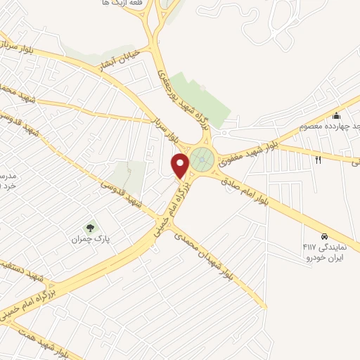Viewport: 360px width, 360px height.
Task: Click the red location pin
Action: click(181, 166)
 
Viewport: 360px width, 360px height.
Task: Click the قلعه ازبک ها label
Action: click(118, 4)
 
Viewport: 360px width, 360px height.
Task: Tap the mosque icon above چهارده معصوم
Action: click(337, 116)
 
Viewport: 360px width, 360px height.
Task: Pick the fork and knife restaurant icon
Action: click(317, 160)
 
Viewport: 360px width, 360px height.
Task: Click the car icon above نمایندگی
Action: click(324, 236)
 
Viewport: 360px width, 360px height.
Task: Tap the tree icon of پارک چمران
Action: click(90, 227)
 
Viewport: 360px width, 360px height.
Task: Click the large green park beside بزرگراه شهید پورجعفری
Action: click(202, 98)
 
